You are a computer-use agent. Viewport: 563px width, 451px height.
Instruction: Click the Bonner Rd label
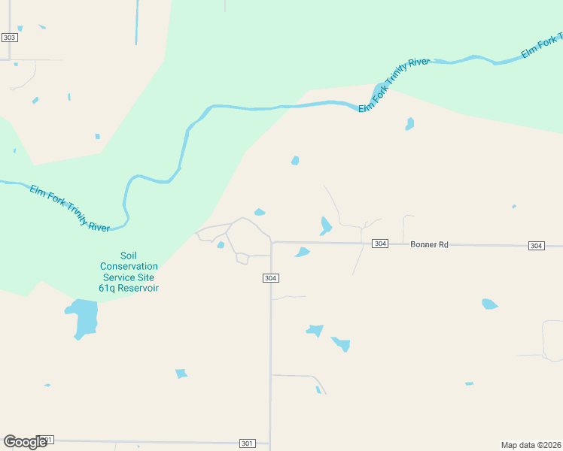pos(429,245)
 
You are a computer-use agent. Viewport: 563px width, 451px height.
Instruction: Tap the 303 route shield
pos(9,38)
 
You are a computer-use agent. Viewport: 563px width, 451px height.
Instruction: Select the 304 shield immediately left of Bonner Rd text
pos(380,244)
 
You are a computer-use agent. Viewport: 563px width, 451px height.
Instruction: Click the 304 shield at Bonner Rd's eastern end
pos(536,246)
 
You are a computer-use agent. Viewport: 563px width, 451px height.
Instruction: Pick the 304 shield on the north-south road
pos(271,278)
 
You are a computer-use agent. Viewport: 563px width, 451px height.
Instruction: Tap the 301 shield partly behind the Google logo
pos(47,440)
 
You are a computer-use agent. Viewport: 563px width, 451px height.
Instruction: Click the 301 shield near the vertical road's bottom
pos(247,443)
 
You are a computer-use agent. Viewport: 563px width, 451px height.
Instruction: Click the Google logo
pos(25,442)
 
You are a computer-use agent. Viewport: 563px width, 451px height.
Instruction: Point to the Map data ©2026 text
pos(531,444)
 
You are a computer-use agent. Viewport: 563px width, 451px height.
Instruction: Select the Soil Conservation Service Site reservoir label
pos(129,271)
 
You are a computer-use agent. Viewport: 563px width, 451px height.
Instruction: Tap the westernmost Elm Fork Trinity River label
pos(69,207)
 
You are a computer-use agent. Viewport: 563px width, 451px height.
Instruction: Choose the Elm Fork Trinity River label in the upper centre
pos(394,84)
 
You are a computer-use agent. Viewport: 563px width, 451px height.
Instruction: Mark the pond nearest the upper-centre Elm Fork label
pos(409,123)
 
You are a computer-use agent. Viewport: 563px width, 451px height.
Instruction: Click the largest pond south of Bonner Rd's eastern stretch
pos(489,304)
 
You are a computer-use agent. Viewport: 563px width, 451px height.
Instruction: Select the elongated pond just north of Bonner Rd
pos(325,225)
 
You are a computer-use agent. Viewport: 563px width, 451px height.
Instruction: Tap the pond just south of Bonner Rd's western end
pos(303,252)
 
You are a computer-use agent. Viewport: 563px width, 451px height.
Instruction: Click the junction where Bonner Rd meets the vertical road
pos(271,243)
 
